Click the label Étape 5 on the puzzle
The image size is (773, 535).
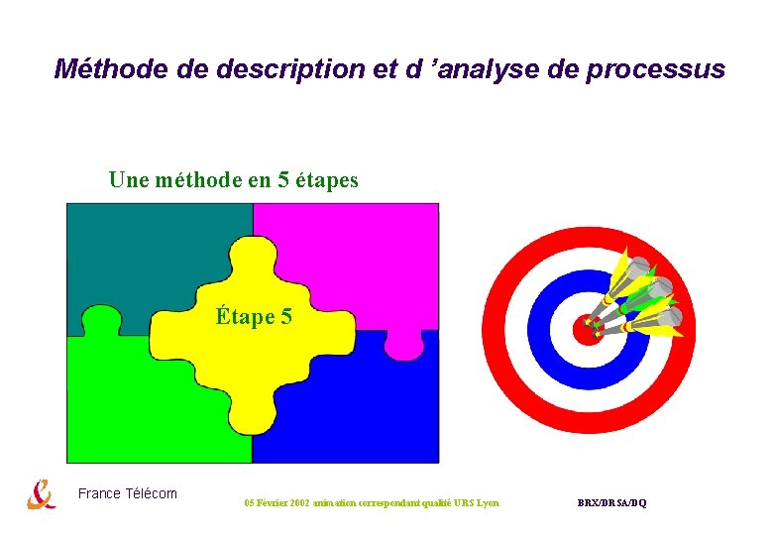point(254,317)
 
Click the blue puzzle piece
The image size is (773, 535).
point(367,416)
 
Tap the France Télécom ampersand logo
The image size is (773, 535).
point(41,493)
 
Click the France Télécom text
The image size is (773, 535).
point(127,493)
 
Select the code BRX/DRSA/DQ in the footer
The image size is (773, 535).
point(611,503)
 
